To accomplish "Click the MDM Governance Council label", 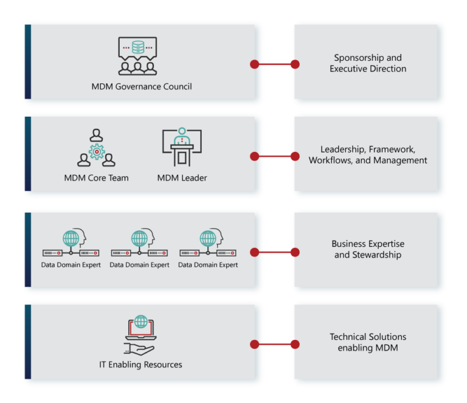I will point(142,86).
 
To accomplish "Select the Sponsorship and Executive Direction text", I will point(368,63).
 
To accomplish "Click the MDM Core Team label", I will point(96,178).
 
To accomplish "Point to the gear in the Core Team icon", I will point(97,151).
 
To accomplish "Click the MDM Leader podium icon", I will point(182,148).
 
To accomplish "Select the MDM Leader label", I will point(182,178).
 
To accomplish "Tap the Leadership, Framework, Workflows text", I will point(368,155).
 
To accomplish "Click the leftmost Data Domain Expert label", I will point(71,265).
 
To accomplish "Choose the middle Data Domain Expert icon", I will point(139,244).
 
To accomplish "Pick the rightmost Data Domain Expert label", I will point(208,265).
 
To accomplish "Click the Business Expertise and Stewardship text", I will point(368,249).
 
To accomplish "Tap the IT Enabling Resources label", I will point(140,365).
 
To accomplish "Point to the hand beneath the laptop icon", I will point(139,348).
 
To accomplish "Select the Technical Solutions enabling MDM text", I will point(368,342).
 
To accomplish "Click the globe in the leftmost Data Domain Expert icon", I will point(71,238).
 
